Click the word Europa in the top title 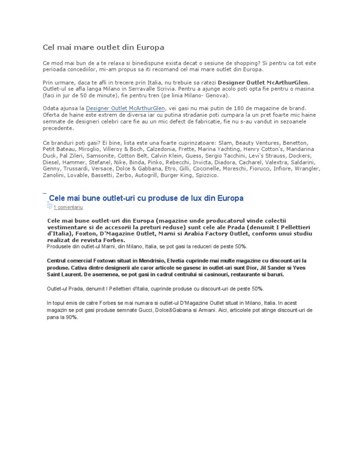click(x=150, y=47)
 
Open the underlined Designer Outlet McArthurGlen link click(x=125, y=108)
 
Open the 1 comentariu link click(x=68, y=207)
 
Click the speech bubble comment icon click(x=50, y=207)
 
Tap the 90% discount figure click(x=71, y=318)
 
